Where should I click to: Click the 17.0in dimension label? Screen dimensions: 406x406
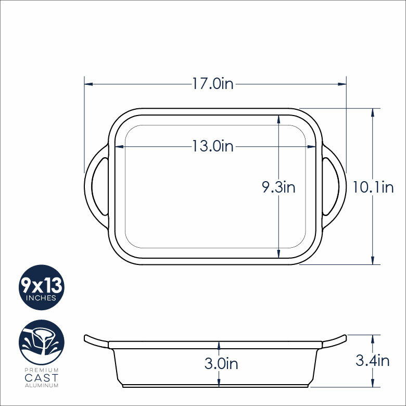click(x=212, y=84)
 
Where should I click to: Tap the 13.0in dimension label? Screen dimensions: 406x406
click(x=212, y=146)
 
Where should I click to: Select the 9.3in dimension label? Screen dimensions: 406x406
click(x=278, y=187)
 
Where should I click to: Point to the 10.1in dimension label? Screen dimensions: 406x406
click(x=373, y=187)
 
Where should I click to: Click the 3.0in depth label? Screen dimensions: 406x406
click(x=221, y=363)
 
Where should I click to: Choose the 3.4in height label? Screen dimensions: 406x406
click(x=372, y=360)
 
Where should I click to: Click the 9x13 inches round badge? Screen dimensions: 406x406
click(x=42, y=287)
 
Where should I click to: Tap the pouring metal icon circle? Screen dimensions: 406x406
click(x=42, y=342)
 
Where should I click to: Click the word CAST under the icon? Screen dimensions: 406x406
click(x=42, y=378)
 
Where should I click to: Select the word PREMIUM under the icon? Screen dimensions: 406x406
click(x=42, y=370)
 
